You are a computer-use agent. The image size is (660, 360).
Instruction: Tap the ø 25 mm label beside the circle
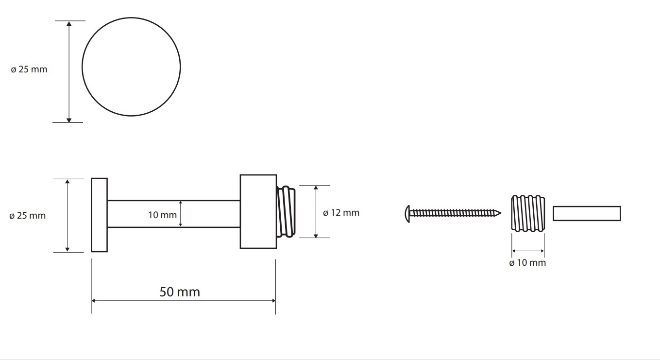coord(29,69)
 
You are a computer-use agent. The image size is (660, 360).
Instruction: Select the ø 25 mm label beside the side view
coord(27,216)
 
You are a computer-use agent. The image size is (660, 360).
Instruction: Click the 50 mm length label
coord(180,292)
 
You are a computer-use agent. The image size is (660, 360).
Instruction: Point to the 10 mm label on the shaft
coord(162,215)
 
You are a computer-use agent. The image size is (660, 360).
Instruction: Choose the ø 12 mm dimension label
coord(341,213)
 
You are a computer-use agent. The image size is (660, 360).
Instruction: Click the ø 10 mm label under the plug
coord(527,263)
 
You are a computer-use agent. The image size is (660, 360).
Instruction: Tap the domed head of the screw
coord(407,214)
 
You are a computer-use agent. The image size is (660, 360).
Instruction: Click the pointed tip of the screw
coord(501,213)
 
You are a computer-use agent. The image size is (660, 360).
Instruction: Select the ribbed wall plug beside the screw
coord(528,213)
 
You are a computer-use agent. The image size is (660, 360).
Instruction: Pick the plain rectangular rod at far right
coord(587,213)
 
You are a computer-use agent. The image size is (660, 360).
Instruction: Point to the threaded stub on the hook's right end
coord(286,211)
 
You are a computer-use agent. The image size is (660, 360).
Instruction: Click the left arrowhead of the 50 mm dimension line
coord(94,301)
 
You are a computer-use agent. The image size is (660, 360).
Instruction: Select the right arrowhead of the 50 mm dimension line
coord(274,301)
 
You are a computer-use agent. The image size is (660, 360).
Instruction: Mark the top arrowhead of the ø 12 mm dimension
coord(316,188)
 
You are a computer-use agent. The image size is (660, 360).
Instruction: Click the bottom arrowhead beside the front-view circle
coord(69,120)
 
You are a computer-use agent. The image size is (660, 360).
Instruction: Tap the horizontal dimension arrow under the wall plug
coord(528,251)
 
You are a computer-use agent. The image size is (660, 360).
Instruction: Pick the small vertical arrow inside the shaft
coord(181,214)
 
